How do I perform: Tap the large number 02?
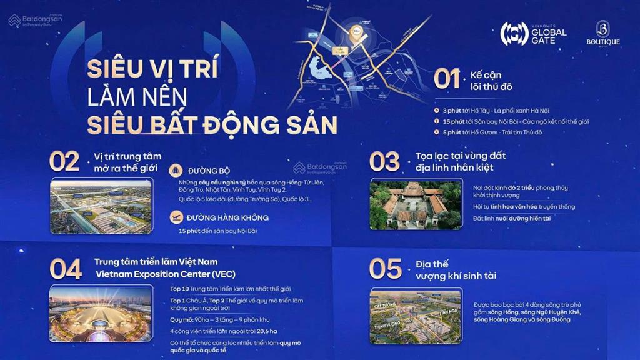(64, 162)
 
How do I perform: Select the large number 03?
(384, 162)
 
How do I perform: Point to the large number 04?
(66, 269)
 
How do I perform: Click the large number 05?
(386, 269)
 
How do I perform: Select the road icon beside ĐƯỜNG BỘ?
(176, 169)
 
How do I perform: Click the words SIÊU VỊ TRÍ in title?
(152, 68)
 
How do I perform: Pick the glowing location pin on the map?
(354, 36)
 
